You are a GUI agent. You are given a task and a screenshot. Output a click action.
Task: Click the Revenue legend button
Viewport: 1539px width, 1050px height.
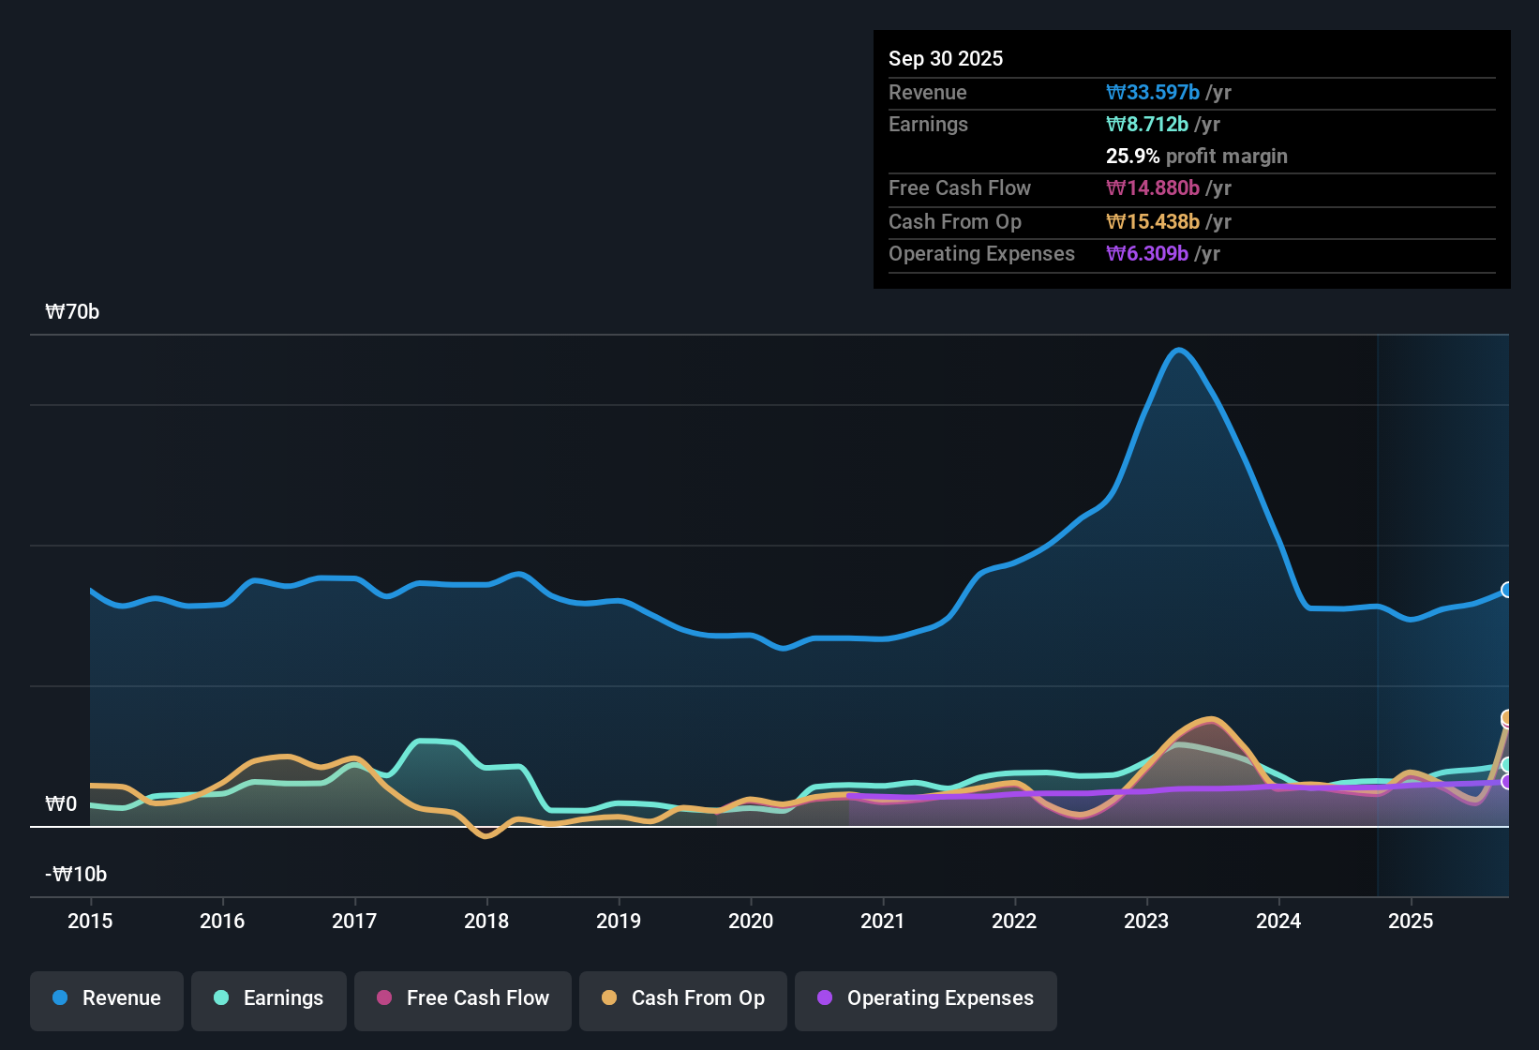click(107, 998)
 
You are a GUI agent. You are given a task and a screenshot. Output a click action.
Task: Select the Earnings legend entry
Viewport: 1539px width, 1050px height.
click(269, 998)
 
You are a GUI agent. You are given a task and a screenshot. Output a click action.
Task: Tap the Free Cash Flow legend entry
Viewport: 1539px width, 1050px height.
click(463, 998)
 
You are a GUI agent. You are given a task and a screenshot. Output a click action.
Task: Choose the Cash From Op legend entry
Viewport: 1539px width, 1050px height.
click(683, 998)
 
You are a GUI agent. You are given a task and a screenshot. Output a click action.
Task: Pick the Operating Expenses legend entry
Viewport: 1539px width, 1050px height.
click(926, 998)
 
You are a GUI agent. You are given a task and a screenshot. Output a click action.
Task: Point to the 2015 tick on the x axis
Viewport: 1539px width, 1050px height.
click(90, 921)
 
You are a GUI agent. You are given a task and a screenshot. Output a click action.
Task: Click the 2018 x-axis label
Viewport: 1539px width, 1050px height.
click(486, 921)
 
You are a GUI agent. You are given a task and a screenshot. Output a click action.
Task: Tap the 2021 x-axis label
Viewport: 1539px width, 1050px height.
click(883, 921)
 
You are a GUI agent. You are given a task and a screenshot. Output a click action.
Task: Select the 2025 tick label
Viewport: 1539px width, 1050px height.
click(1411, 921)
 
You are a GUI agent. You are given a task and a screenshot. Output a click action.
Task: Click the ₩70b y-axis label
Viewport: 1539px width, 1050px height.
click(72, 312)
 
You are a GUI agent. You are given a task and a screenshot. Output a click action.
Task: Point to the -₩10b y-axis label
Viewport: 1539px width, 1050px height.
click(76, 875)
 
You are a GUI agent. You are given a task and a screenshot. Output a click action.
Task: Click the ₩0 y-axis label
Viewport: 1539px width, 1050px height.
click(61, 804)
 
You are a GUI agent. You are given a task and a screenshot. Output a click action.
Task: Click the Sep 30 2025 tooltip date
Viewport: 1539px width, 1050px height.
click(946, 58)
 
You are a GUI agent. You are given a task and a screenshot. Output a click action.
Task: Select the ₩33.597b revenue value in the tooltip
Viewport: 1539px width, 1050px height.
click(1153, 92)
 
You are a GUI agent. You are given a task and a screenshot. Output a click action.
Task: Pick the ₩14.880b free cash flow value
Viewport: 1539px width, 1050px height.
click(1153, 187)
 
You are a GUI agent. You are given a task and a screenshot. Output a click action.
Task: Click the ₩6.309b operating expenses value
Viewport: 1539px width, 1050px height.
click(1147, 253)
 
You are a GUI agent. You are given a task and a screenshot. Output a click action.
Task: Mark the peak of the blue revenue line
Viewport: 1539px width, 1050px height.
click(1179, 350)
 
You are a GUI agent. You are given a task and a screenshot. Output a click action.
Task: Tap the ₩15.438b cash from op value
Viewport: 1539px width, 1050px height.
click(1153, 221)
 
